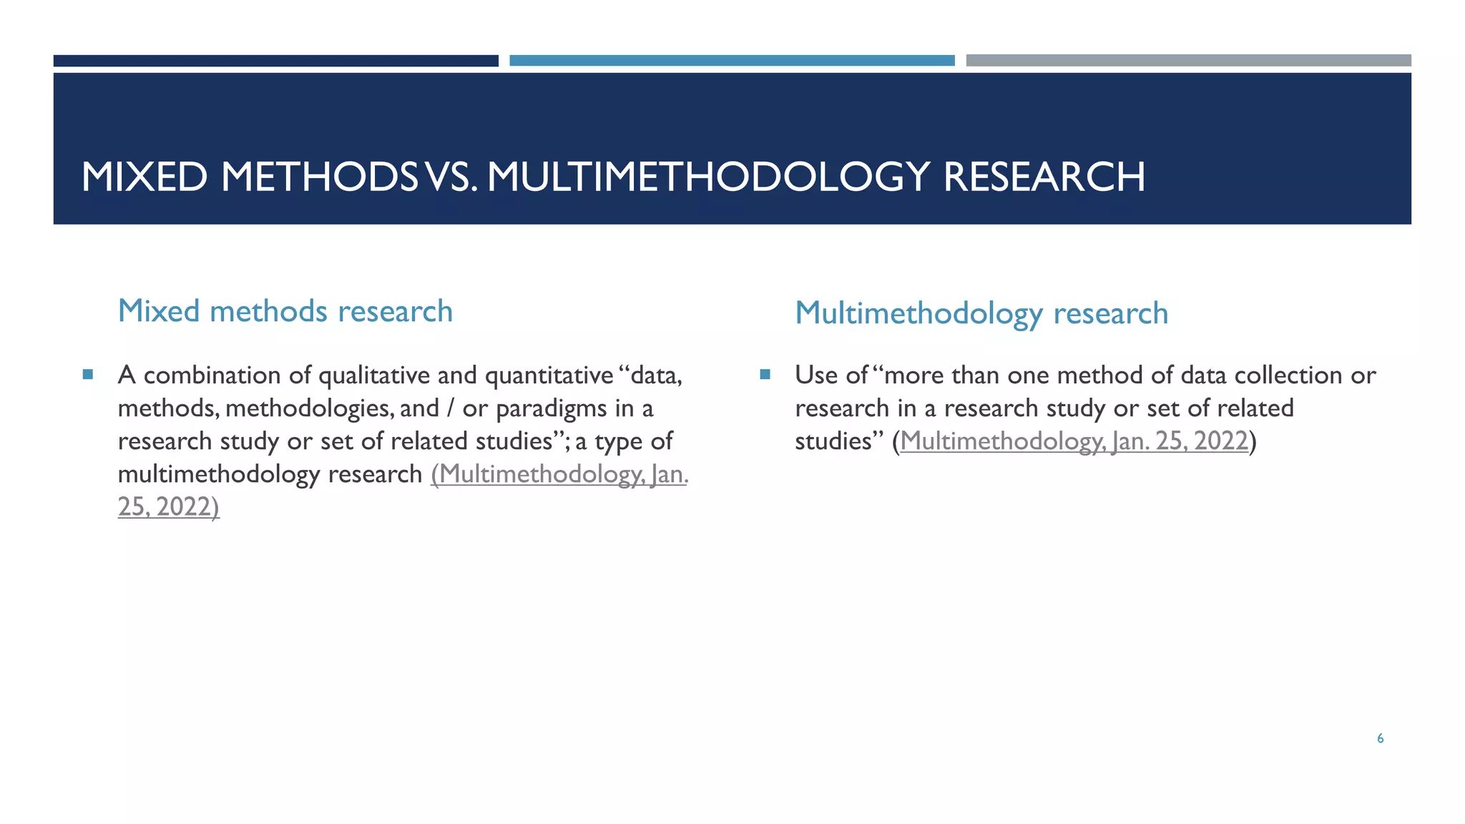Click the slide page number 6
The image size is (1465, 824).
(1380, 739)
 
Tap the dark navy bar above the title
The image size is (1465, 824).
(275, 61)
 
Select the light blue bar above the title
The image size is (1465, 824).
(732, 61)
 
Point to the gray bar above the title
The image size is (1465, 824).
(1188, 61)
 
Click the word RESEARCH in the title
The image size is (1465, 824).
(1044, 177)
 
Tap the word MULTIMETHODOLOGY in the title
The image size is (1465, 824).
(708, 177)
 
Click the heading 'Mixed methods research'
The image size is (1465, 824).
(285, 311)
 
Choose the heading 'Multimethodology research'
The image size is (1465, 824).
(981, 313)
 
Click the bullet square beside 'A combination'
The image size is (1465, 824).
(88, 374)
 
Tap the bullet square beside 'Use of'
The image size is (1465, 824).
(765, 374)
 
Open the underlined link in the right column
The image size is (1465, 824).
(1074, 441)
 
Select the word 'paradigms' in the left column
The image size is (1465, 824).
(551, 409)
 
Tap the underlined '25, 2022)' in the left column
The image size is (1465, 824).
(169, 507)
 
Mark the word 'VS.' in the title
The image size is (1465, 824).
(451, 177)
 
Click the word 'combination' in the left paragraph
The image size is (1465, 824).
(212, 376)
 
